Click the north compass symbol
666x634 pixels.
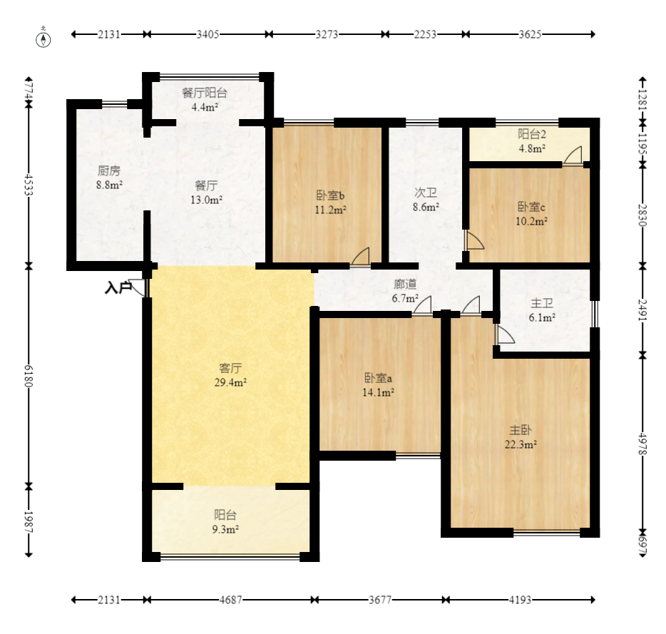[43, 39]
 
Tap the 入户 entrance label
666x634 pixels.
[118, 287]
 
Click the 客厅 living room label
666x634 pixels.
[230, 368]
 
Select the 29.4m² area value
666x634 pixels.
[230, 382]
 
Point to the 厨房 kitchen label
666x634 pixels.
[109, 171]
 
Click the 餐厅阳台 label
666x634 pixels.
[205, 93]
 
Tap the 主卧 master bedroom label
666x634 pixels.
[521, 431]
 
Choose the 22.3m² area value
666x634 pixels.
[521, 445]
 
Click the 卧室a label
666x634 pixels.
[378, 378]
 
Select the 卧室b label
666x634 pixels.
[330, 195]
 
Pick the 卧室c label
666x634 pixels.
[531, 207]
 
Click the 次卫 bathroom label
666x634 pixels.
[426, 193]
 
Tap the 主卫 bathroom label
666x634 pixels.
[542, 303]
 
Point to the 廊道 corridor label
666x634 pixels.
[405, 284]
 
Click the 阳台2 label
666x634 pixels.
[532, 134]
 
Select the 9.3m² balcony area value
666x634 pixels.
[225, 529]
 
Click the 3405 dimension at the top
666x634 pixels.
[208, 34]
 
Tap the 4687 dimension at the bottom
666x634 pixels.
[230, 600]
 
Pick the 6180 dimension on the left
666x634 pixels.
[29, 376]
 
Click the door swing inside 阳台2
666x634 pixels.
[573, 155]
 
